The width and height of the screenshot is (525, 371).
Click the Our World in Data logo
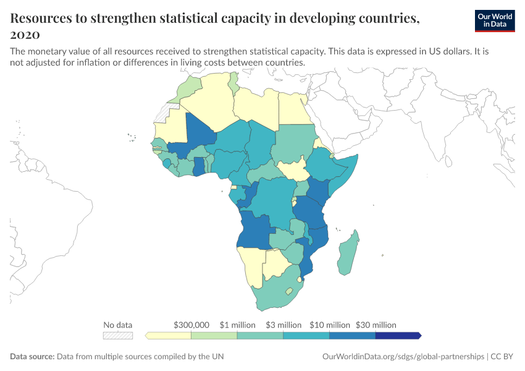[495, 20]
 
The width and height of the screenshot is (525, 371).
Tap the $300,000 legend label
[191, 325]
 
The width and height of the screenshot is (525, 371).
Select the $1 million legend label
[237, 325]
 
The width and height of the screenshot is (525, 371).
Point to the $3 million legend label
[283, 325]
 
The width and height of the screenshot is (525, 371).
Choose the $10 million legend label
[330, 325]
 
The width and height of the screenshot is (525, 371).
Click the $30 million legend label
[376, 325]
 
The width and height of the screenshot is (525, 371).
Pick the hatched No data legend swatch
[118, 336]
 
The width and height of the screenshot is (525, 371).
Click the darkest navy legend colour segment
[398, 336]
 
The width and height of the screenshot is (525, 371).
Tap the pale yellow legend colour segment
[169, 336]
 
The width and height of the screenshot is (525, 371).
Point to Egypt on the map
[293, 108]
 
